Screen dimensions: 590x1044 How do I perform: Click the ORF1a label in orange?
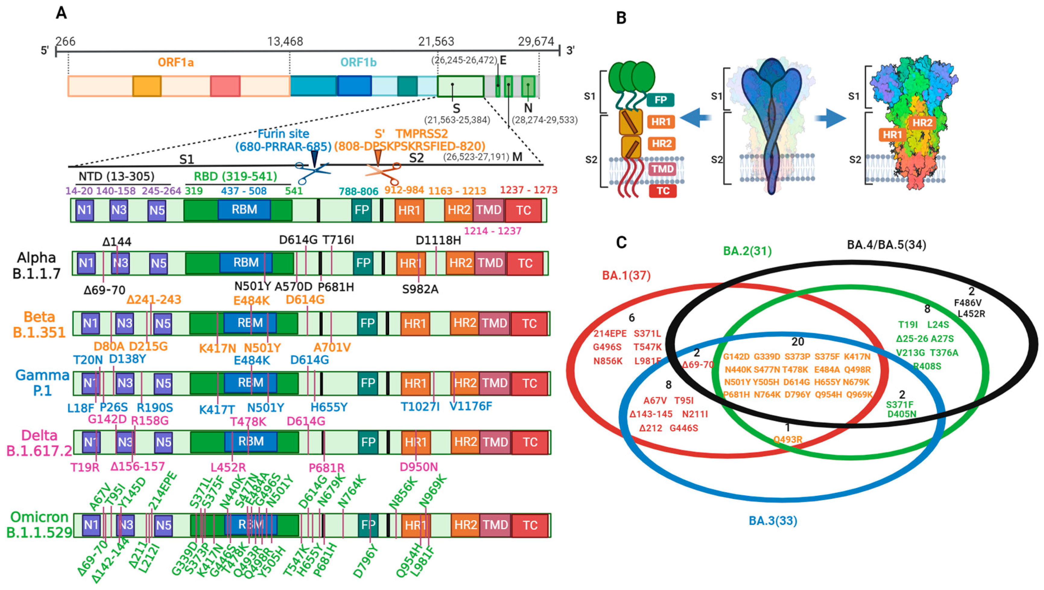[x=176, y=62]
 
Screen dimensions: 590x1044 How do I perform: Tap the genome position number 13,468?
[x=285, y=41]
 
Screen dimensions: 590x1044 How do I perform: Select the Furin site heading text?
[x=283, y=134]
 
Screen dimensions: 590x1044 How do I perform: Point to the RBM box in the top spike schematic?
[x=244, y=210]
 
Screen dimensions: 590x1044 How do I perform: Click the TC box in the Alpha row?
[x=525, y=263]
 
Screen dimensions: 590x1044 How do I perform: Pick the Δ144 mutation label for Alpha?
[x=117, y=242]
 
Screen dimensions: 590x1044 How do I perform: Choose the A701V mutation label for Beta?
[x=332, y=347]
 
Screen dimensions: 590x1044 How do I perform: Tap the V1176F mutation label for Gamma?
[x=471, y=406]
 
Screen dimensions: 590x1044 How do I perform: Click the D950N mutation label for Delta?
[x=419, y=467]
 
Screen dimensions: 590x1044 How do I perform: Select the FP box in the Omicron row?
[x=368, y=525]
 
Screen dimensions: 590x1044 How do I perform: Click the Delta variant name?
[x=39, y=435]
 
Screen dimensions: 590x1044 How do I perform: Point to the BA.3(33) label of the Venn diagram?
[x=773, y=521]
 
